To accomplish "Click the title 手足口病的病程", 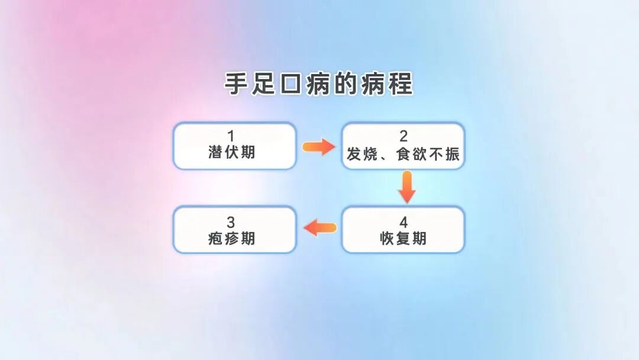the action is pos(318,84).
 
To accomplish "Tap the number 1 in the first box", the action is pos(231,137).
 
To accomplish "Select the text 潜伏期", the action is pos(232,153).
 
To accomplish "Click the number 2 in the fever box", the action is pos(404,137).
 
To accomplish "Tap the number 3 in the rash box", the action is pos(231,223).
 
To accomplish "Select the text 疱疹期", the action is pos(232,239).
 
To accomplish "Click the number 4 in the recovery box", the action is pos(404,223).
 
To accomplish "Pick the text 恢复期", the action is pos(403,239).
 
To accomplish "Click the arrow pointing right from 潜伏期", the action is pos(319,147).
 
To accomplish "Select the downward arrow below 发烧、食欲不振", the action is pos(406,187).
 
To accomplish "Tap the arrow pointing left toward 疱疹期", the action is pos(319,227).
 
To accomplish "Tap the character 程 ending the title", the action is pos(401,84).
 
